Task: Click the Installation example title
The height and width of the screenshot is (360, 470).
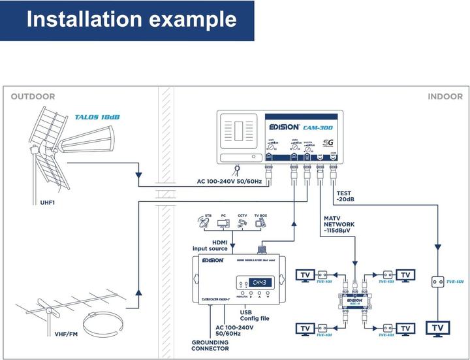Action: click(x=131, y=20)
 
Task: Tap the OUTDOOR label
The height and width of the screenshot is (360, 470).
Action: click(x=33, y=97)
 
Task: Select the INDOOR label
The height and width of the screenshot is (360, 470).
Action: click(x=445, y=97)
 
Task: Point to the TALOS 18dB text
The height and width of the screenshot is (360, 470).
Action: click(x=97, y=117)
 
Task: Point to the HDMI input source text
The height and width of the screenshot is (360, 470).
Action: click(x=210, y=245)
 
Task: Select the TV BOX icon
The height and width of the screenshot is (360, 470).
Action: click(x=260, y=223)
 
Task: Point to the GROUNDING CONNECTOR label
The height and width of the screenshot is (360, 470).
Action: click(x=210, y=345)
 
